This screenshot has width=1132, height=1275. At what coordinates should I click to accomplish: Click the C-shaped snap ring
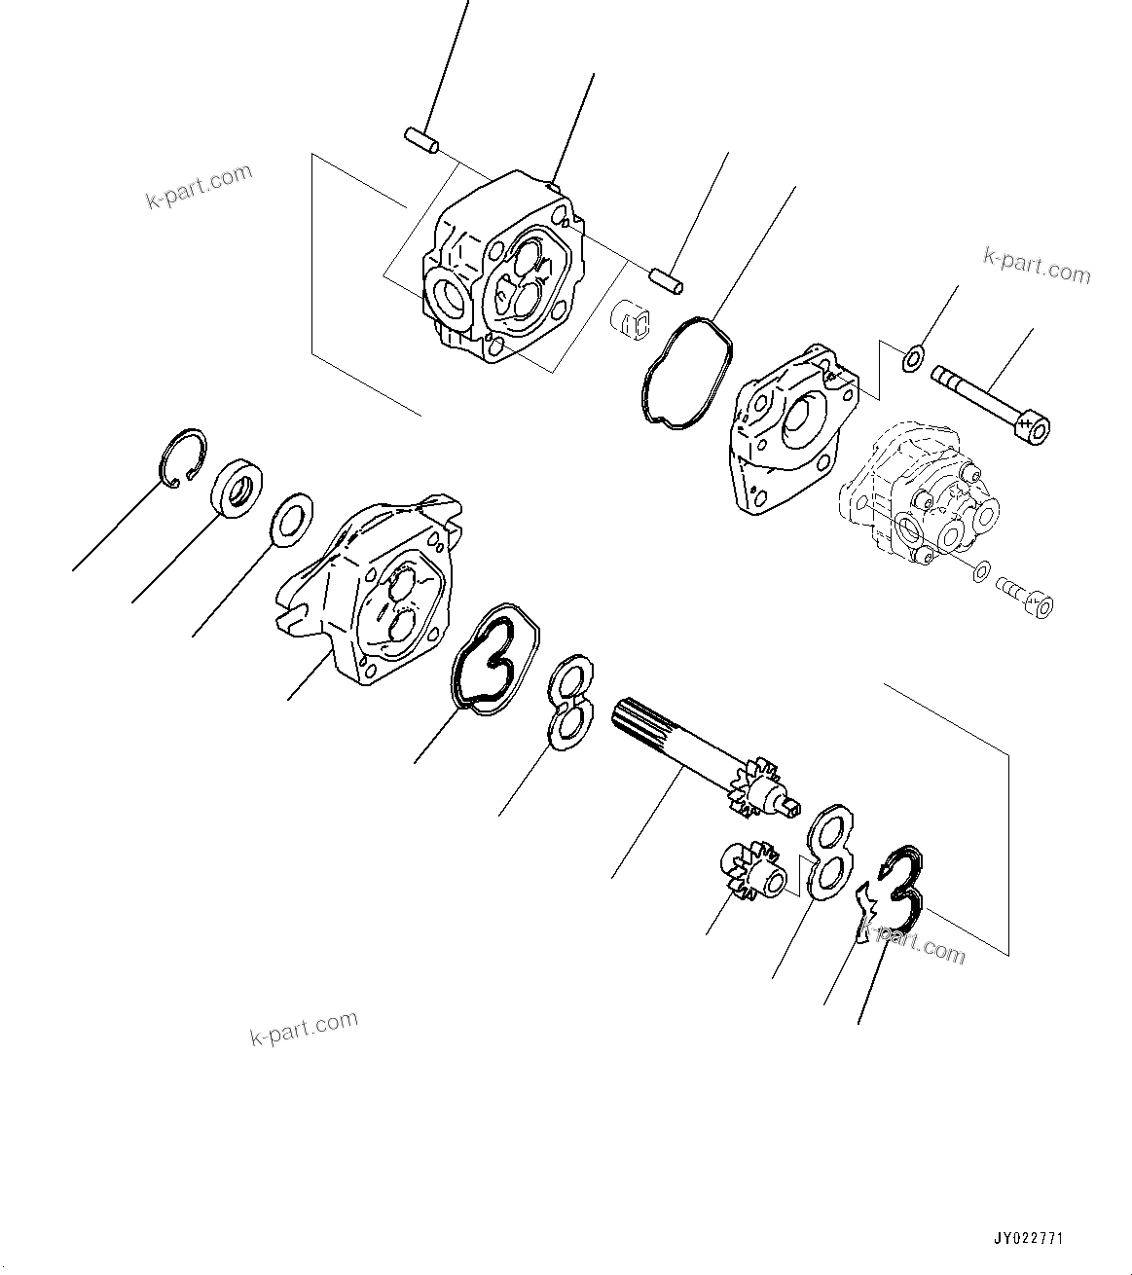pos(182,455)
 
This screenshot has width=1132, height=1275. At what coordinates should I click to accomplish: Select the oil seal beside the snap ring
pos(237,487)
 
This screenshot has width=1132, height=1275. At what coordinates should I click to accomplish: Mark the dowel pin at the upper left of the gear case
pos(420,140)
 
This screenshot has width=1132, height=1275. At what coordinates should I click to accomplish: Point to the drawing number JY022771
pos(1028,1239)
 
